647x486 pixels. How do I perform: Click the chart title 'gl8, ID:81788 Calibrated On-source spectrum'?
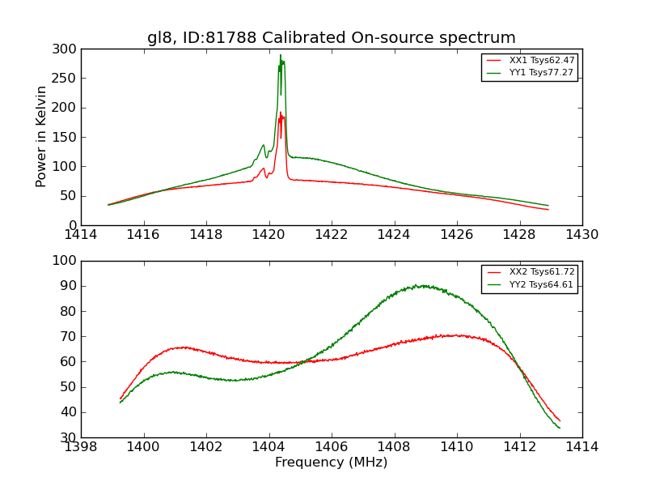(331, 38)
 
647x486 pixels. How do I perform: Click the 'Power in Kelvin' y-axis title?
(41, 137)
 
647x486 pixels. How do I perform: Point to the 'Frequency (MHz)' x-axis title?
(331, 463)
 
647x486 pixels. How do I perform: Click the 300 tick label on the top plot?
(67, 49)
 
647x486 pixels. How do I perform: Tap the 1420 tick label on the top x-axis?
(269, 235)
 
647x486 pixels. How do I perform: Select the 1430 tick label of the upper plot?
(581, 235)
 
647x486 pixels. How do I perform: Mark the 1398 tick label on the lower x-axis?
(81, 446)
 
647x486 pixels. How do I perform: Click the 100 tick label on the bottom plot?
(67, 261)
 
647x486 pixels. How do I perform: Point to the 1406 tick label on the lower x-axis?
(331, 446)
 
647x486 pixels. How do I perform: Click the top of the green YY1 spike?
(281, 55)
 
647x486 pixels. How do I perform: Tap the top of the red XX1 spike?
(281, 113)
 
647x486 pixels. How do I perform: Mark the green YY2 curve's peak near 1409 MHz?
(417, 285)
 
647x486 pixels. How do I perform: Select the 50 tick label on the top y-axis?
(70, 196)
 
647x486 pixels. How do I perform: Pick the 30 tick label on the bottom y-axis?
(70, 437)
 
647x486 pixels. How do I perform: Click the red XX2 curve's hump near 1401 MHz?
(182, 347)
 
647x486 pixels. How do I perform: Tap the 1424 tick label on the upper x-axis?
(394, 235)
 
